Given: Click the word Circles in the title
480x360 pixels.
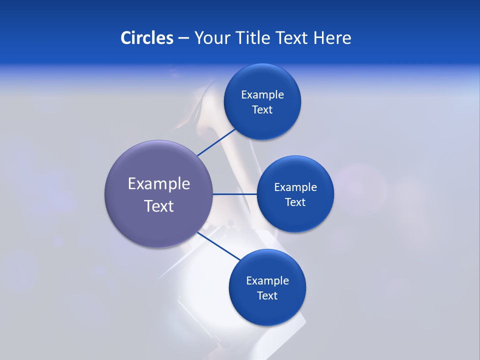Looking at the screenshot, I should pyautogui.click(x=146, y=38).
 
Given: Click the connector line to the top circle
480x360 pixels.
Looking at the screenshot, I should pyautogui.click(x=216, y=142).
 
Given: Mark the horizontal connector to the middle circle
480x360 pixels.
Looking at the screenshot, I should pyautogui.click(x=234, y=194).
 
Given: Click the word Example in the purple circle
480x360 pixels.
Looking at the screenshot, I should pyautogui.click(x=159, y=184).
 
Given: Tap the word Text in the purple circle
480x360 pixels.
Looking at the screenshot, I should pyautogui.click(x=159, y=206).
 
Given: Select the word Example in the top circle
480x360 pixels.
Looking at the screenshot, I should pyautogui.click(x=262, y=95).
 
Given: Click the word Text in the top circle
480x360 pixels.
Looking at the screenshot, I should pyautogui.click(x=262, y=110).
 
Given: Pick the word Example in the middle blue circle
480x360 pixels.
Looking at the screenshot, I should pyautogui.click(x=295, y=187).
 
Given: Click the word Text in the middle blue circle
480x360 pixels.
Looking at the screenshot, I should pyautogui.click(x=295, y=202).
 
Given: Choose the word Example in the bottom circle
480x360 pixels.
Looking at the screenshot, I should pyautogui.click(x=267, y=281).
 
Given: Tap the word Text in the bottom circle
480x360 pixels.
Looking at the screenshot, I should pyautogui.click(x=267, y=296).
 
